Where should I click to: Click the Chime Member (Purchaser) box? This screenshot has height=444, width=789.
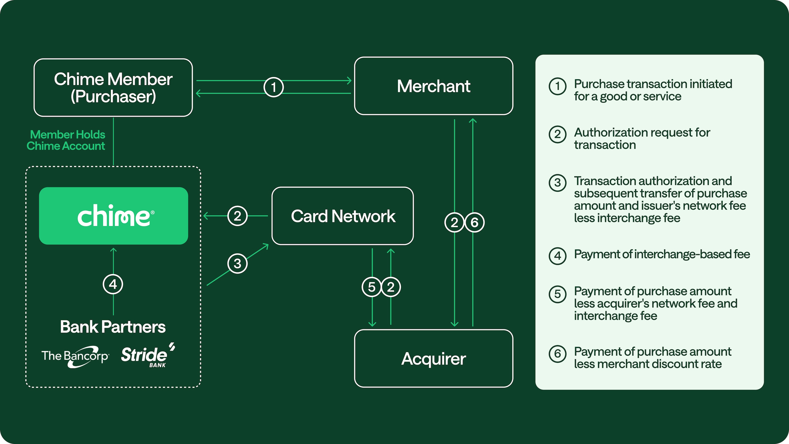tap(113, 88)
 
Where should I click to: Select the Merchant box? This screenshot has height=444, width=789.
tap(433, 86)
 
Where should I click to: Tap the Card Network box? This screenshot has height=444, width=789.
tap(342, 216)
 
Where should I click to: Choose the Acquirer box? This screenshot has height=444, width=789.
tap(433, 358)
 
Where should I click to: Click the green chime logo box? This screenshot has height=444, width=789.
tap(113, 216)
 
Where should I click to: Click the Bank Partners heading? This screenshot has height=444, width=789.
tap(113, 327)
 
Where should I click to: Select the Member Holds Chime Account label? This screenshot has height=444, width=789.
tap(66, 140)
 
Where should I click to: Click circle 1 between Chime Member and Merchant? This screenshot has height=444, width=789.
tap(273, 87)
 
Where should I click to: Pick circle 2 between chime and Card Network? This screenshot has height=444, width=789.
tap(237, 216)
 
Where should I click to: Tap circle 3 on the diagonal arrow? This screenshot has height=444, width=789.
tap(237, 263)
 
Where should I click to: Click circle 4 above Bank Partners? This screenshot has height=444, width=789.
tap(113, 284)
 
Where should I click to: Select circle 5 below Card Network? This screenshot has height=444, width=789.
tap(372, 287)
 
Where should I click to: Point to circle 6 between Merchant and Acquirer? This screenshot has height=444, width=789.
tap(474, 222)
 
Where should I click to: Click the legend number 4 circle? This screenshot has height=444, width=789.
tap(557, 256)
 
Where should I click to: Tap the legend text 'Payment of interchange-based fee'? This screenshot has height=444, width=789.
tap(662, 254)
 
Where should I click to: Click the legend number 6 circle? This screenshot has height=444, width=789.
tap(557, 354)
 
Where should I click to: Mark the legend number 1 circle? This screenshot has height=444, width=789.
tap(557, 86)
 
